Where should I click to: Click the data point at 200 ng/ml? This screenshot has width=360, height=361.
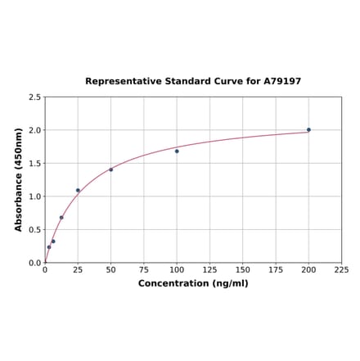pyautogui.click(x=308, y=129)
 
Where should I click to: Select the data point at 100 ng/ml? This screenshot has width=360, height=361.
pyautogui.click(x=177, y=151)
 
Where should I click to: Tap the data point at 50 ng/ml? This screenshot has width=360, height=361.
pyautogui.click(x=111, y=169)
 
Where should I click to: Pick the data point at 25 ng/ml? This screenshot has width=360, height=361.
pyautogui.click(x=79, y=190)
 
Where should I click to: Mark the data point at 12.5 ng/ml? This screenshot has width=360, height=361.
pyautogui.click(x=61, y=217)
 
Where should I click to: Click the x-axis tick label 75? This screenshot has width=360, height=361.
pyautogui.click(x=144, y=270)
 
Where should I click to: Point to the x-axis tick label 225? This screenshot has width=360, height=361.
pyautogui.click(x=342, y=270)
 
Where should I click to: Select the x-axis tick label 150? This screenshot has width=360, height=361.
pyautogui.click(x=243, y=270)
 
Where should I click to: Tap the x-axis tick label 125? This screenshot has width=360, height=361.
pyautogui.click(x=210, y=270)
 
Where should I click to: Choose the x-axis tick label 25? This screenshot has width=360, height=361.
pyautogui.click(x=78, y=270)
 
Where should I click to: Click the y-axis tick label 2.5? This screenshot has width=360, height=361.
pyautogui.click(x=35, y=97)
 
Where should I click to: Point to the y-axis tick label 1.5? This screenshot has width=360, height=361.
pyautogui.click(x=35, y=164)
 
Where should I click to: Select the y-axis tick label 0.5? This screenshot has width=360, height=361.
pyautogui.click(x=35, y=230)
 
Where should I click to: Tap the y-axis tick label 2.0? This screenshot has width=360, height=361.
pyautogui.click(x=35, y=130)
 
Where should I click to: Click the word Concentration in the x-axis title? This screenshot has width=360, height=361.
pyautogui.click(x=173, y=283)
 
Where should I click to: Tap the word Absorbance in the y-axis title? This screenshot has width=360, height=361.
pyautogui.click(x=19, y=197)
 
